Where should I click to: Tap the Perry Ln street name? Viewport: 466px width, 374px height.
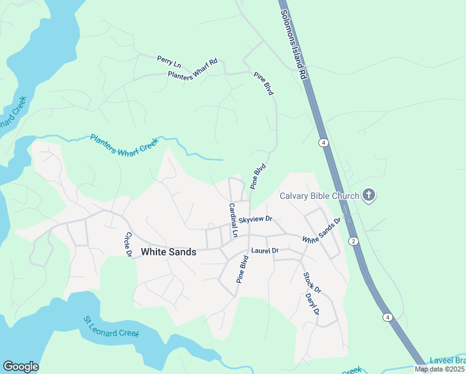(168, 61)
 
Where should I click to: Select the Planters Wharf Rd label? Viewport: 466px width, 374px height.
(193, 70)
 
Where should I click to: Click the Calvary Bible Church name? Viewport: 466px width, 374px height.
(319, 196)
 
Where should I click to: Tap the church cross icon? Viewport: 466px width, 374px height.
(369, 196)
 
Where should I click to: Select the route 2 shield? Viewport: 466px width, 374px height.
(353, 241)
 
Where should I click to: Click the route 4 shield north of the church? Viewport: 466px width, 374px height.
(323, 143)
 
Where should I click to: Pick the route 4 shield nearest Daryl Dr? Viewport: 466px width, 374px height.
(388, 317)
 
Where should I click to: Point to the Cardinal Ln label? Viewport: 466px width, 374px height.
(233, 221)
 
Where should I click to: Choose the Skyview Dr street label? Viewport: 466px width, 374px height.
(256, 219)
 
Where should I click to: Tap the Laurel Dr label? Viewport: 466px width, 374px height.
(264, 251)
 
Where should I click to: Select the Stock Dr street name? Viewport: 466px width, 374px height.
(312, 282)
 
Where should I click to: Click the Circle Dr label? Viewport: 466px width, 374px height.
(128, 244)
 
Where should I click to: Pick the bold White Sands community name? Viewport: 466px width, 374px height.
(169, 252)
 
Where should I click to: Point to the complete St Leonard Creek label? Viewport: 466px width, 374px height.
(112, 327)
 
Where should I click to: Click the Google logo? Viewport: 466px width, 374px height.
(21, 367)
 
